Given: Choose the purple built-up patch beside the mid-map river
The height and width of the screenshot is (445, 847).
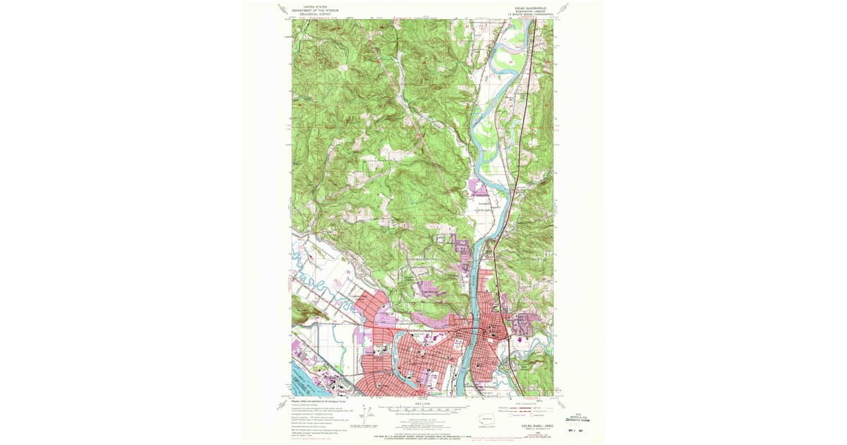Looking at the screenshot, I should pos(479,188).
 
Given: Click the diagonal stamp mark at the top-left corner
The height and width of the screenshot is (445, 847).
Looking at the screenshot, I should pos(282,10).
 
